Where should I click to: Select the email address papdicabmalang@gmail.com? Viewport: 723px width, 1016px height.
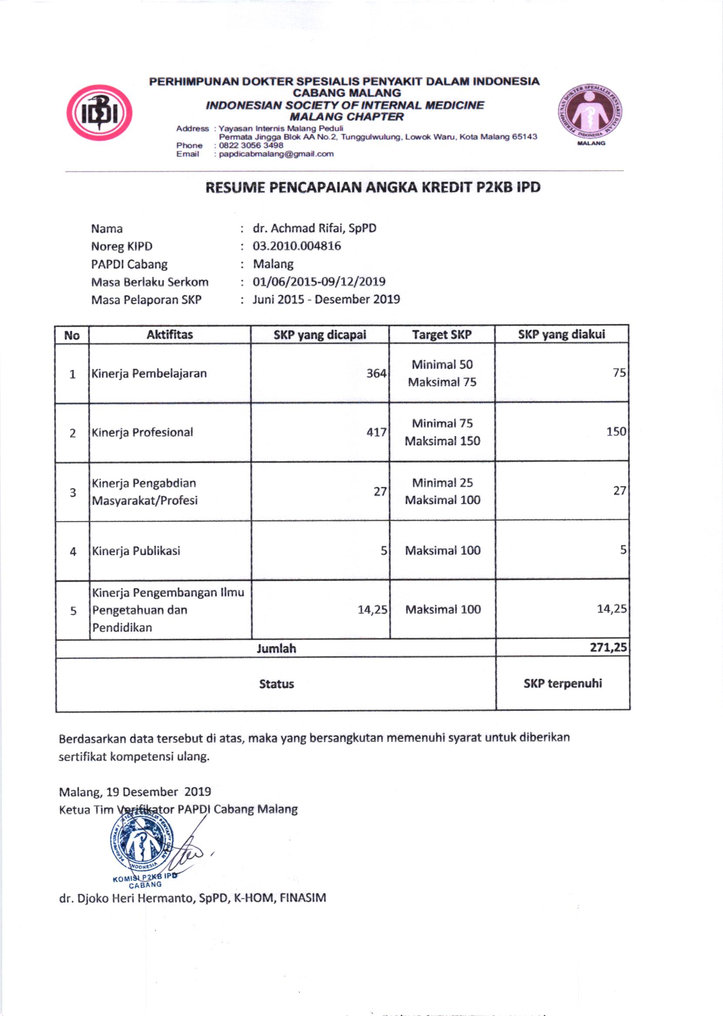(x=276, y=154)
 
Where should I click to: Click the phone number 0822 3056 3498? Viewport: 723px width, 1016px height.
(x=251, y=145)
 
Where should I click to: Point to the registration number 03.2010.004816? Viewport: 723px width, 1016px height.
(x=296, y=246)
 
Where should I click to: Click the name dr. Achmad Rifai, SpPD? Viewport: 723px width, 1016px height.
(x=314, y=228)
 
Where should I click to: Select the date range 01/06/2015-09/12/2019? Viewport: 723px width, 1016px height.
(x=319, y=282)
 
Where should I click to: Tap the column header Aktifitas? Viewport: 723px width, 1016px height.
(x=170, y=334)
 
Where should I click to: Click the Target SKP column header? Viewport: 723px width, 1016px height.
(x=441, y=335)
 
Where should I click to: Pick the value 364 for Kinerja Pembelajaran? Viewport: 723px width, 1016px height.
(x=376, y=374)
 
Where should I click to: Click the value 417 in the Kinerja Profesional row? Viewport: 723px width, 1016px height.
(x=376, y=432)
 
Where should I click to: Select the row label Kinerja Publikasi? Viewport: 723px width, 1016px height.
(x=136, y=551)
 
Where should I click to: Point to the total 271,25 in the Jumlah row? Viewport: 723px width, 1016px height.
(x=608, y=648)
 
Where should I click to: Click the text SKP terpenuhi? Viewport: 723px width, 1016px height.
(x=562, y=683)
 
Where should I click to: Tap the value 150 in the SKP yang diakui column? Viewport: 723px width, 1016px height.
(x=616, y=432)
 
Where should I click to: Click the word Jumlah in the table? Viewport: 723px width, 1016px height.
(x=276, y=648)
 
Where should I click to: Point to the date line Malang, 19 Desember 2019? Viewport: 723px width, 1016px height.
(x=135, y=792)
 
